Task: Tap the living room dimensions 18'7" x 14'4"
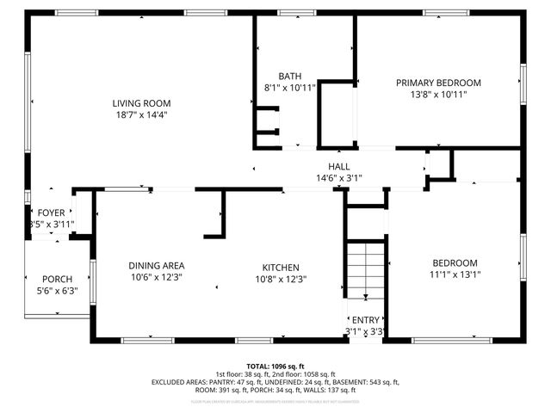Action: [141, 114]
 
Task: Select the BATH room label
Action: [289, 76]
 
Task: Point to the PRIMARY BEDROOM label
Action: [438, 83]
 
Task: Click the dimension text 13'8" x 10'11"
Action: [438, 95]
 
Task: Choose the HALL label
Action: [338, 166]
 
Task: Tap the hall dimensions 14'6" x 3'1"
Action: [338, 178]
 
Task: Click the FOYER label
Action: [51, 213]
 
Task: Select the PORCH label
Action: [57, 279]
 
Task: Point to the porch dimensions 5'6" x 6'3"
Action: [57, 291]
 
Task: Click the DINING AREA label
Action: [158, 266]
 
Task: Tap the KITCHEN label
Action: [281, 267]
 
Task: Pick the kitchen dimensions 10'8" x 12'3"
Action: [281, 279]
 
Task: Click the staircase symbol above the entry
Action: [365, 268]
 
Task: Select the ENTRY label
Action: [365, 319]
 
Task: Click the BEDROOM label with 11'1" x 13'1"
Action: [455, 263]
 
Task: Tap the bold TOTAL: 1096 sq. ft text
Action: [275, 366]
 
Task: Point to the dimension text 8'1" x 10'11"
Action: [289, 88]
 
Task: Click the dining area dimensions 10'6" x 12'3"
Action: [158, 278]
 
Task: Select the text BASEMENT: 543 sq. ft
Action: [371, 381]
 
